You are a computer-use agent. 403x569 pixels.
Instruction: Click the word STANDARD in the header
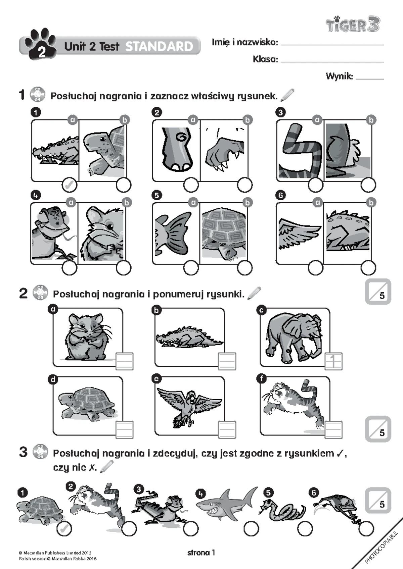pyautogui.click(x=159, y=47)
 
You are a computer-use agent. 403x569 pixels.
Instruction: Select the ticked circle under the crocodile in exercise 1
pyautogui.click(x=70, y=185)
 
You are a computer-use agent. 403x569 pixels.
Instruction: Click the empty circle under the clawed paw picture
pyautogui.click(x=245, y=185)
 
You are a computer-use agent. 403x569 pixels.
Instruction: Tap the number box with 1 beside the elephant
pyautogui.click(x=333, y=361)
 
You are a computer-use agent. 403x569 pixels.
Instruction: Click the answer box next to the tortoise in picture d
pyautogui.click(x=125, y=430)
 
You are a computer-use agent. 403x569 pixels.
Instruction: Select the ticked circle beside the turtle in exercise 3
pyautogui.click(x=64, y=529)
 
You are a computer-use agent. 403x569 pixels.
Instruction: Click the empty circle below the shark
pyautogui.click(x=251, y=529)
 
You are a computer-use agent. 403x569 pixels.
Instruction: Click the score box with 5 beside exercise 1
pyautogui.click(x=378, y=291)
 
